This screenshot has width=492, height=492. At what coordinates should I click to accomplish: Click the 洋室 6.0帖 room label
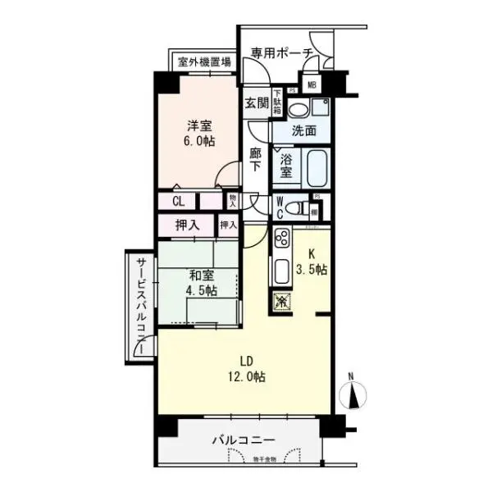pyautogui.click(x=200, y=133)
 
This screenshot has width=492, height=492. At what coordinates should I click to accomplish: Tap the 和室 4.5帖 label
pyautogui.click(x=200, y=284)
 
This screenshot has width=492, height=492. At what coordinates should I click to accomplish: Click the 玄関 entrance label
pyautogui.click(x=256, y=103)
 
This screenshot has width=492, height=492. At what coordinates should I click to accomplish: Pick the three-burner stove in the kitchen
pyautogui.click(x=281, y=241)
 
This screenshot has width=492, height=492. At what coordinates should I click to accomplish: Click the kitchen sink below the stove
pyautogui.click(x=280, y=270)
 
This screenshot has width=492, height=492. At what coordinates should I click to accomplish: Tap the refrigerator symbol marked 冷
pyautogui.click(x=280, y=300)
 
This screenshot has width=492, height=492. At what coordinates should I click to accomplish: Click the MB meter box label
pyautogui.click(x=312, y=83)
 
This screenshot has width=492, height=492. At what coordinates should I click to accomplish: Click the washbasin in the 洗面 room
pyautogui.click(x=298, y=108)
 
